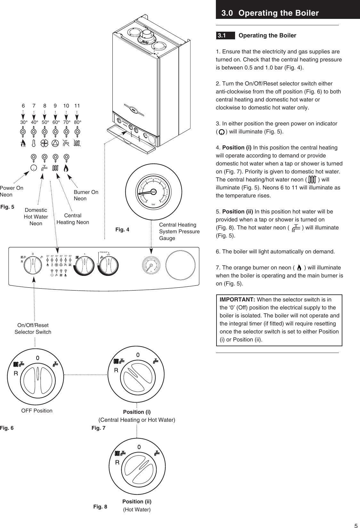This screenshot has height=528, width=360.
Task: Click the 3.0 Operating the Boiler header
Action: coord(270,13)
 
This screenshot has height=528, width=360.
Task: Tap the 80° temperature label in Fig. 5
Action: coord(77,122)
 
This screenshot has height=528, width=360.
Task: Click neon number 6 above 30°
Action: coord(23,106)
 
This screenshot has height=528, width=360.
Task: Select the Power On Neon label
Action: coord(12,191)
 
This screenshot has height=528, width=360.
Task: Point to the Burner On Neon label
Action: coord(86,195)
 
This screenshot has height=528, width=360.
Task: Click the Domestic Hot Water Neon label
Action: coord(36,217)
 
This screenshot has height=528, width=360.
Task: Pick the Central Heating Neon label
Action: coord(73,219)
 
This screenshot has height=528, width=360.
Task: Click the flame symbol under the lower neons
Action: coord(66,168)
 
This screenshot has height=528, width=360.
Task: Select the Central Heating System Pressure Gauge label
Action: coord(179,231)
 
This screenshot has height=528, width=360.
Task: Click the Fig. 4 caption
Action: coord(122,229)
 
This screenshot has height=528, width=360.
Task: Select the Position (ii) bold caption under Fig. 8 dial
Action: coord(137,501)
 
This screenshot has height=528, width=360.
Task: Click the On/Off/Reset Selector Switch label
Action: coord(33,329)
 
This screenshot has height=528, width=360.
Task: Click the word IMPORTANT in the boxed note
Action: coord(237,300)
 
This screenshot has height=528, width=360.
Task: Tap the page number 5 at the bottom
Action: coord(356,524)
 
